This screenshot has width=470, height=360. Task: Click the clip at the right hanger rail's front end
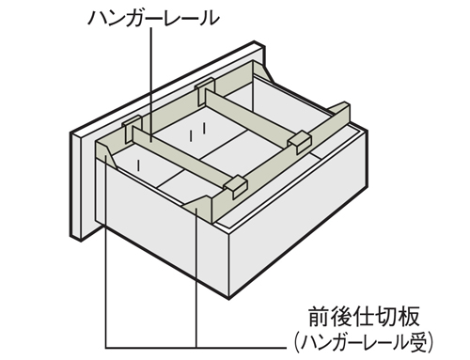point(299,140)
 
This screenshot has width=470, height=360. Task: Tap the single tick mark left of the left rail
point(139,164)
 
